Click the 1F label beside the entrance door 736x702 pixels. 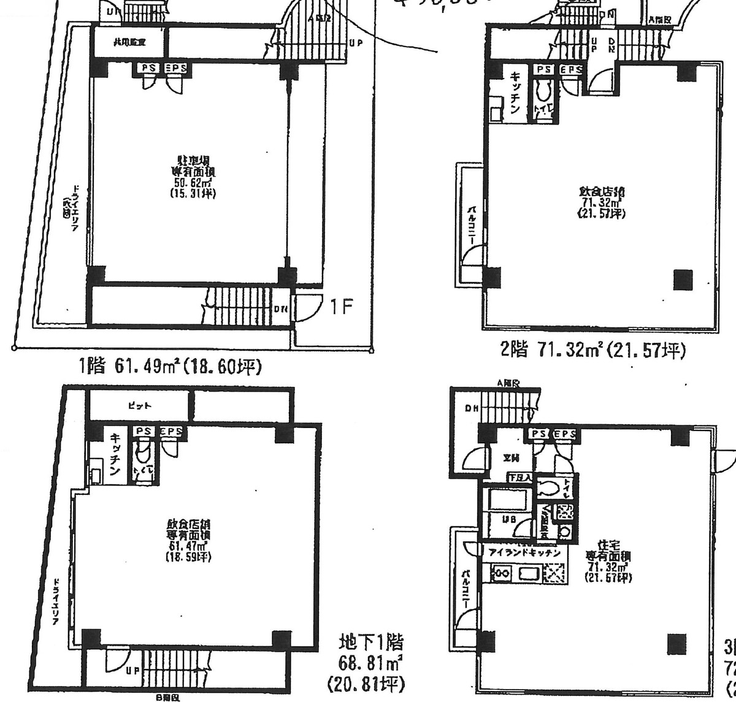coord(340,307)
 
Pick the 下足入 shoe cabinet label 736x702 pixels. coord(519,478)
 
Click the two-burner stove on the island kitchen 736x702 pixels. coord(501,573)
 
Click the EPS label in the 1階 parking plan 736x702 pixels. coord(175,68)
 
